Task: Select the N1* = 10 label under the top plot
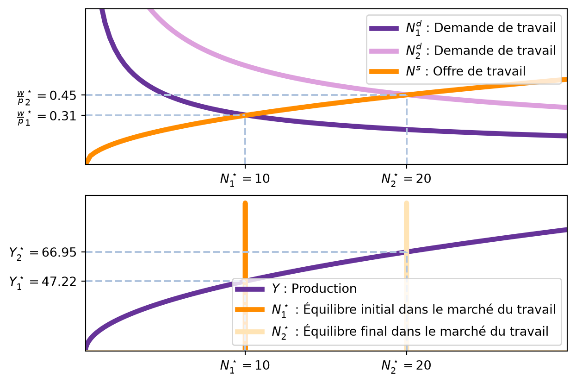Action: pos(245,179)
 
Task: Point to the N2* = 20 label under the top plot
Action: pos(406,179)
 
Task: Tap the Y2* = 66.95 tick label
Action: pos(43,253)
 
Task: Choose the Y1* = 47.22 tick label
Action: pos(43,283)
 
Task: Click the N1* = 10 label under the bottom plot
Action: pos(245,366)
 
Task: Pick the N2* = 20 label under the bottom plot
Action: pos(406,366)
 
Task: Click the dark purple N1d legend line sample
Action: pos(384,28)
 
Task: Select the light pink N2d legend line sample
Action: pos(384,50)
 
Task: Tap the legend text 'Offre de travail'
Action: pos(479,71)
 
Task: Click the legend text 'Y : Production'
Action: pos(314,289)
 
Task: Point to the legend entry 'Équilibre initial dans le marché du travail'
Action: pos(414,310)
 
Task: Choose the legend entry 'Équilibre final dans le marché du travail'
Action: pos(410,332)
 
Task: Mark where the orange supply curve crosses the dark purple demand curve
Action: pos(245,115)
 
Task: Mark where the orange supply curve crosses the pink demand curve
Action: pos(407,95)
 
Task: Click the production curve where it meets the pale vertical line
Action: pos(407,252)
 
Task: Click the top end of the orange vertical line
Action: pos(245,202)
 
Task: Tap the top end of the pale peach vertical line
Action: pos(407,202)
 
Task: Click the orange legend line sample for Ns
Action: pos(384,72)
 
